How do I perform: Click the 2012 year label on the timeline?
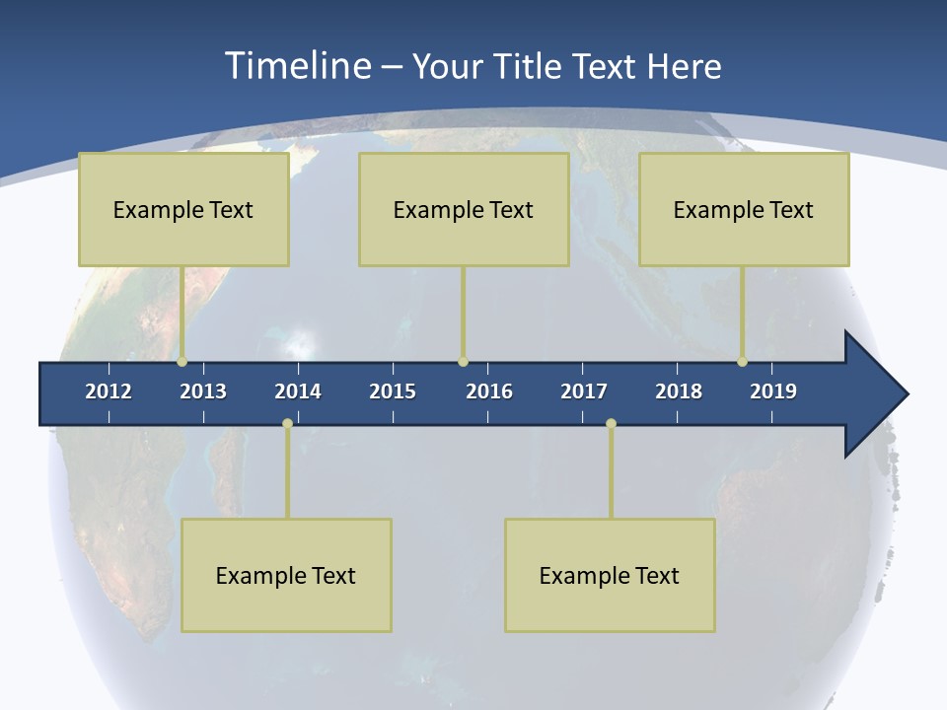pyautogui.click(x=109, y=391)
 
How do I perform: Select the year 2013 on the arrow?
pyautogui.click(x=203, y=391)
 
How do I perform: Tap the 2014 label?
pyautogui.click(x=298, y=391)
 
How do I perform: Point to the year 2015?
pyautogui.click(x=393, y=391)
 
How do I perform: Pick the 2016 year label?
pyautogui.click(x=489, y=391)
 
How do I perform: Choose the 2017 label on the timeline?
pyautogui.click(x=584, y=391)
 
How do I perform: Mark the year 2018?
pyautogui.click(x=679, y=391)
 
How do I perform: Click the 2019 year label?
pyautogui.click(x=773, y=391)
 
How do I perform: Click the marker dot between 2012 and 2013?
pyautogui.click(x=182, y=362)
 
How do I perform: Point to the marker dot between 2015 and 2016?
pyautogui.click(x=463, y=362)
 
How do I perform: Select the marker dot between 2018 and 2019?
pyautogui.click(x=742, y=362)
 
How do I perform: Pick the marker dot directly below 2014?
pyautogui.click(x=287, y=424)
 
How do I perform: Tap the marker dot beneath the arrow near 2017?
pyautogui.click(x=611, y=424)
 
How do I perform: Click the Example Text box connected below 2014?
pyautogui.click(x=286, y=575)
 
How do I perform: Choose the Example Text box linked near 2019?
pyautogui.click(x=744, y=209)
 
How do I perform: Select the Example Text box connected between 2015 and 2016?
pyautogui.click(x=464, y=209)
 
